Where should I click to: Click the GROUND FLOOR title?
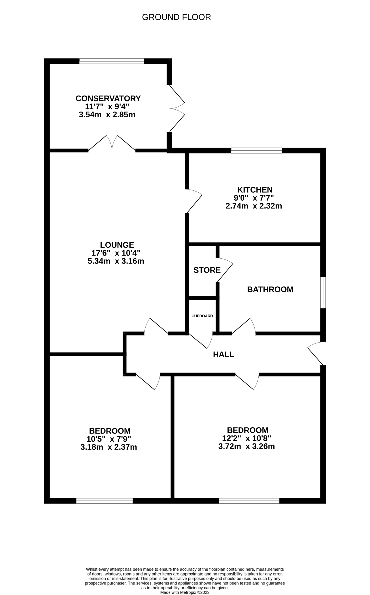point(176,17)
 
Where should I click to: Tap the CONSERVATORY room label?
point(108,98)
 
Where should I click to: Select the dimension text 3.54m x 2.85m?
point(107,115)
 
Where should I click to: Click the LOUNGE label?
point(117,245)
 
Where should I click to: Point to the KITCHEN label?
point(255,190)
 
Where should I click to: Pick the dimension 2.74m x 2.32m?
point(254,206)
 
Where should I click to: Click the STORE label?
point(207,270)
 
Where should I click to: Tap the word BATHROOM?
point(270,289)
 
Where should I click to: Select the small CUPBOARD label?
point(202,316)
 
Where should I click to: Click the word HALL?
point(224,354)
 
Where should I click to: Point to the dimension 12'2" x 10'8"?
point(246,438)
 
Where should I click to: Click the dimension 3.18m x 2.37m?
point(109,447)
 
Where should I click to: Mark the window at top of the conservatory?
point(112,61)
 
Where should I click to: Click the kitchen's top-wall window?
point(256,150)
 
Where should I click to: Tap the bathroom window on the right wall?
point(323,292)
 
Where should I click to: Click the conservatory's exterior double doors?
point(177,109)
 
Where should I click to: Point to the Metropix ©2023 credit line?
point(185,592)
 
